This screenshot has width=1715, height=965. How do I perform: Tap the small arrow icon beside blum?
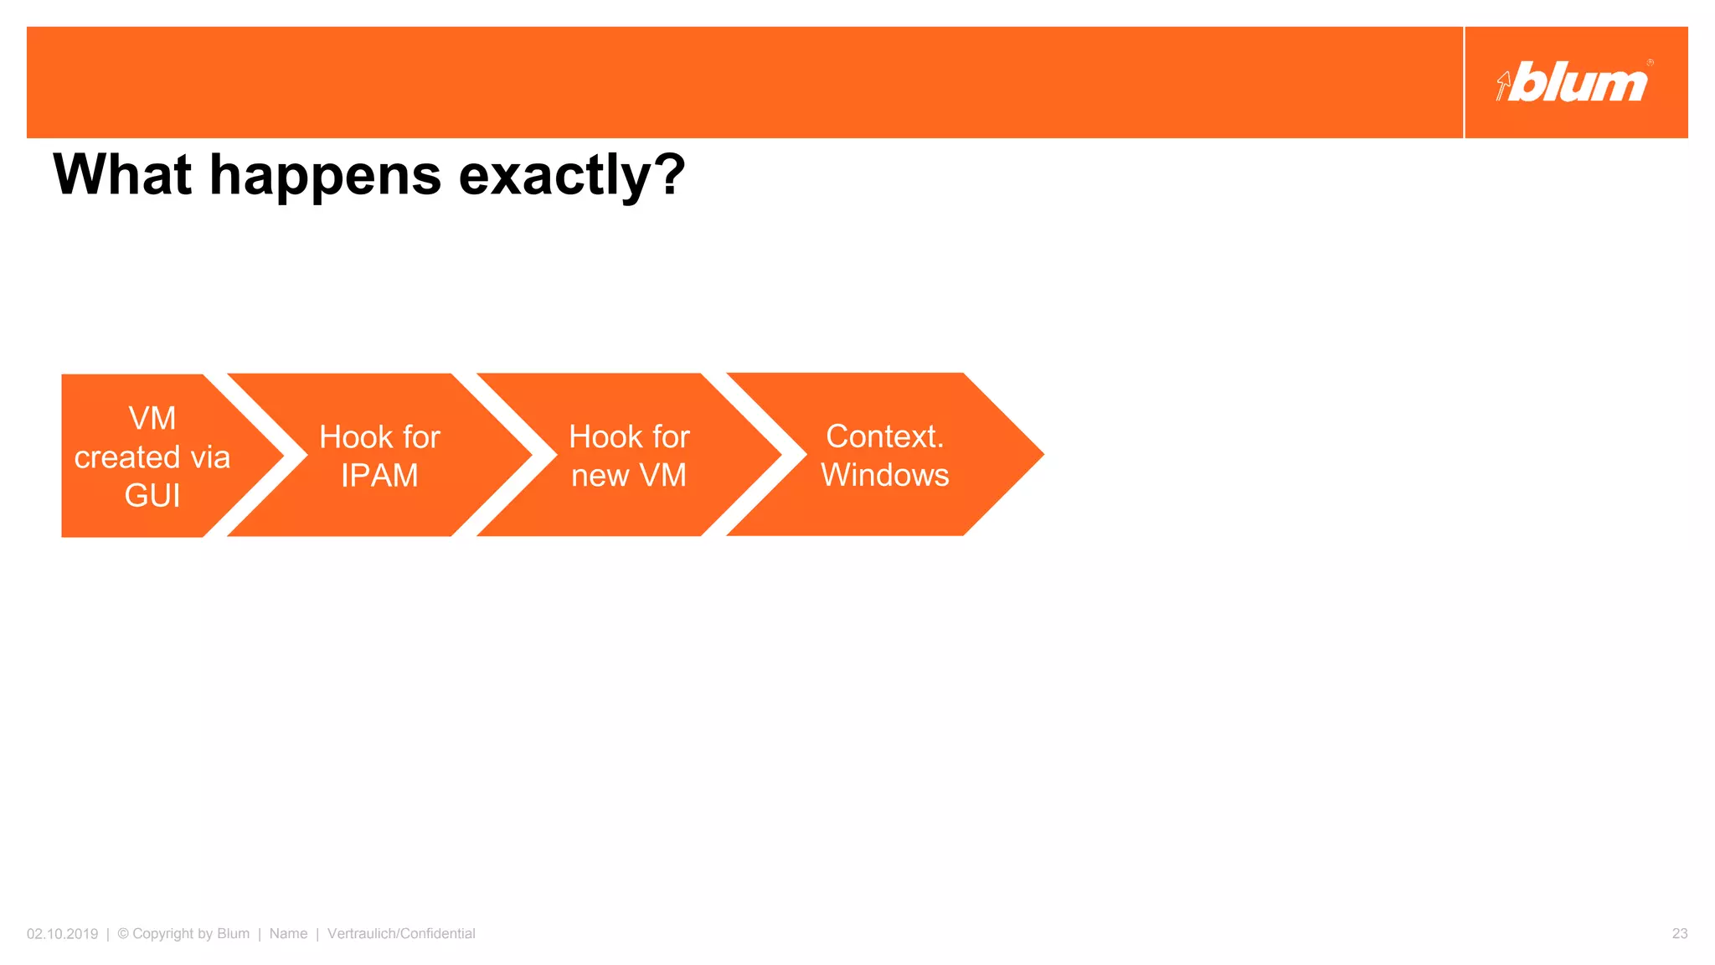tap(1503, 85)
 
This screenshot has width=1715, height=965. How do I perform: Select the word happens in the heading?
tap(325, 177)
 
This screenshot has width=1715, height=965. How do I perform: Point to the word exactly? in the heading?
tap(572, 177)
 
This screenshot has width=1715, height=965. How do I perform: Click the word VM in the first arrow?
tap(152, 419)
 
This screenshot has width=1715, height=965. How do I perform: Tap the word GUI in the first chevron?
tap(152, 496)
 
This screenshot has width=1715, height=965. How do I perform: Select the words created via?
tap(152, 457)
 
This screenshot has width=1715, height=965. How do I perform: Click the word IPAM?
tap(379, 476)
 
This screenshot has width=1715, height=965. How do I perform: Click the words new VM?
tap(629, 476)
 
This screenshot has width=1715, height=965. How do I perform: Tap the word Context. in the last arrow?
tap(885, 436)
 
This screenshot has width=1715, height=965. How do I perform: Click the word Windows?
tap(885, 475)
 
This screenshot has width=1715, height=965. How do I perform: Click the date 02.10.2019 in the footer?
tap(62, 934)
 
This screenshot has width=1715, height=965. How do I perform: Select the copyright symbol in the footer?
tap(123, 933)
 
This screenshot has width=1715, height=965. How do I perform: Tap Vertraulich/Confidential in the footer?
tap(401, 934)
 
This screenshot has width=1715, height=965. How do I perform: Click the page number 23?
tap(1679, 934)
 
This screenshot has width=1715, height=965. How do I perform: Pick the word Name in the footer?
tap(288, 934)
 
